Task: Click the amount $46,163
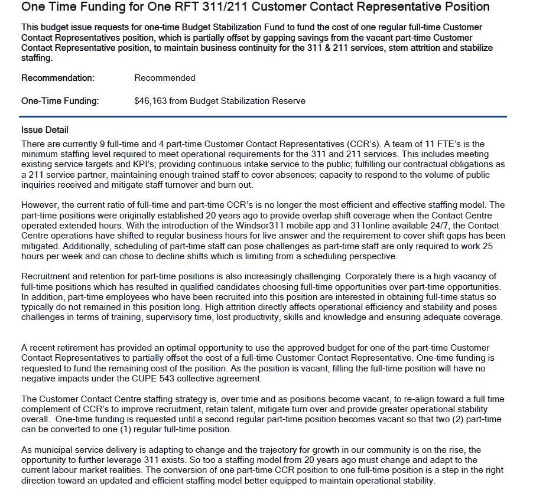[x=151, y=101]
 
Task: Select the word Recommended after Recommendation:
[x=165, y=78]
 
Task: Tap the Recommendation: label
[x=58, y=78]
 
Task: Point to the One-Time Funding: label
[x=60, y=101]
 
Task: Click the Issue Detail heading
[x=45, y=130]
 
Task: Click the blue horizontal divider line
[x=264, y=116]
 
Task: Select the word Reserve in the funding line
[x=289, y=101]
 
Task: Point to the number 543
[x=187, y=378]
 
